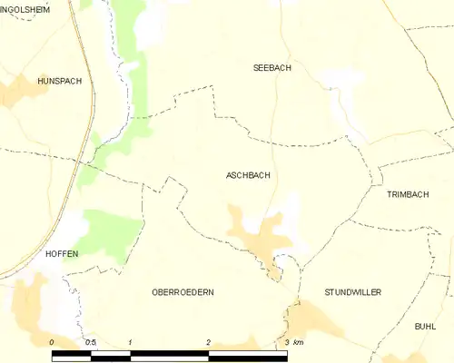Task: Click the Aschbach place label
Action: point(247,175)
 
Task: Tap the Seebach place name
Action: point(272,68)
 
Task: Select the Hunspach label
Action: point(60,81)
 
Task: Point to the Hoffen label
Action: point(61,254)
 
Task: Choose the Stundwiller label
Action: point(352,292)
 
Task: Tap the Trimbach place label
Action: point(407,195)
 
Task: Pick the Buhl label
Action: point(425,326)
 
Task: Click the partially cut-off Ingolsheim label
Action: point(25,9)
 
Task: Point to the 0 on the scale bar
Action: point(52,341)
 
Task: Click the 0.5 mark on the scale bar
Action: point(91,341)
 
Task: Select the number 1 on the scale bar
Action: point(131,341)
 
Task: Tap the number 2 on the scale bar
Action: point(209,341)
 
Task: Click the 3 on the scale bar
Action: point(287,341)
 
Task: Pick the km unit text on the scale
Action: point(300,341)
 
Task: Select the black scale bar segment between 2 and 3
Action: point(248,352)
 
